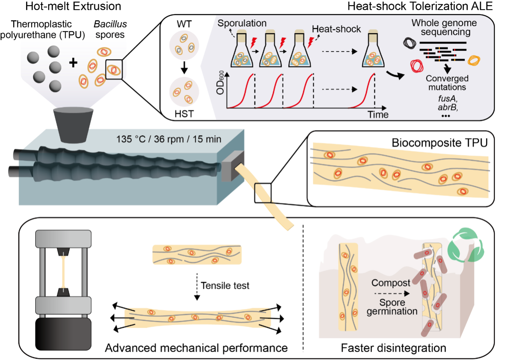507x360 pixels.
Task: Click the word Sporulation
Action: (x=242, y=23)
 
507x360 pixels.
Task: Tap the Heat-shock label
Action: (x=336, y=29)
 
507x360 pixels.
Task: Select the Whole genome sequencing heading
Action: (x=444, y=28)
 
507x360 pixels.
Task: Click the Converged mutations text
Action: (x=447, y=83)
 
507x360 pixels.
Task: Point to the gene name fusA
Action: (x=447, y=99)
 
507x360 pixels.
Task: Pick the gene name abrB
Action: (x=448, y=108)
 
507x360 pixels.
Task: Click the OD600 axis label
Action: (x=220, y=83)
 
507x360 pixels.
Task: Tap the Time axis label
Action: (x=378, y=115)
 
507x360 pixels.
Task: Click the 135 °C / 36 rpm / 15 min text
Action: (x=169, y=139)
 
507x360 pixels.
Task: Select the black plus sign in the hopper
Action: (x=73, y=63)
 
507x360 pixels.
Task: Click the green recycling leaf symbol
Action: (x=466, y=245)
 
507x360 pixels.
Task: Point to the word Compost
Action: (x=391, y=283)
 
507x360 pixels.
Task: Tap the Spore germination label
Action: (x=392, y=307)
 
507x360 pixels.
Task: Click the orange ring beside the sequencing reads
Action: (x=474, y=60)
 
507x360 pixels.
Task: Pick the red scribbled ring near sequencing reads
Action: (x=417, y=66)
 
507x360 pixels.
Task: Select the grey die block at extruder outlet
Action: (x=233, y=166)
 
